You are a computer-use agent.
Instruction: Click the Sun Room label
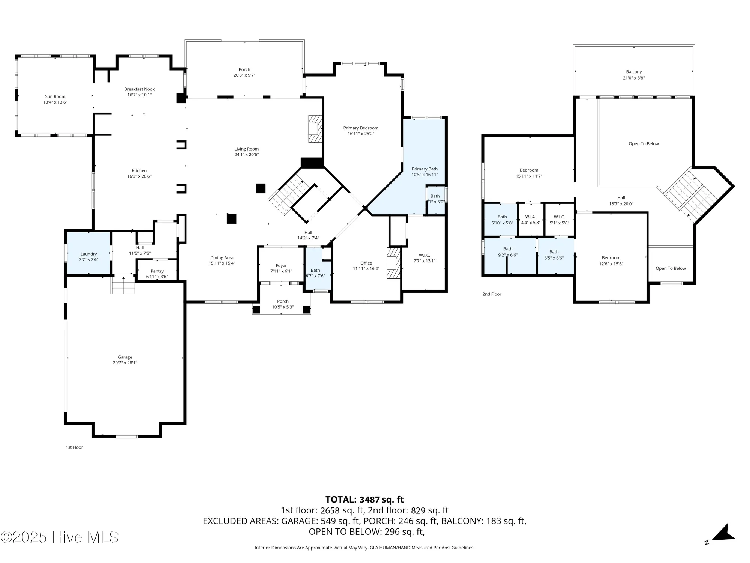[x=55, y=97]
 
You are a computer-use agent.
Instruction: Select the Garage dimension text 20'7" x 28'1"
[x=125, y=363]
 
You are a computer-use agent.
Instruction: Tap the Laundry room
[x=88, y=254]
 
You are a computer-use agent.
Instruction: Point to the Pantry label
[x=157, y=271]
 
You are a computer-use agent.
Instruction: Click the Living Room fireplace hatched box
[x=315, y=129]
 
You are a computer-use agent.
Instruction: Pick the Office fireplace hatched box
[x=394, y=263]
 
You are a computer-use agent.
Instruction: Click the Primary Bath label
[x=424, y=169]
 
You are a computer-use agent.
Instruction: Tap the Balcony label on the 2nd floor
[x=634, y=72]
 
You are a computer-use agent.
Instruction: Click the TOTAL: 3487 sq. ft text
[x=364, y=500]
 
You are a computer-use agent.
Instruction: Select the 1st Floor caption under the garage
[x=74, y=447]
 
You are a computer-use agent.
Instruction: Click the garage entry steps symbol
[x=122, y=284]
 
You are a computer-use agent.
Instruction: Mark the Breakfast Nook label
[x=139, y=89]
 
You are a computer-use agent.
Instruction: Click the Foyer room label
[x=281, y=266]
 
